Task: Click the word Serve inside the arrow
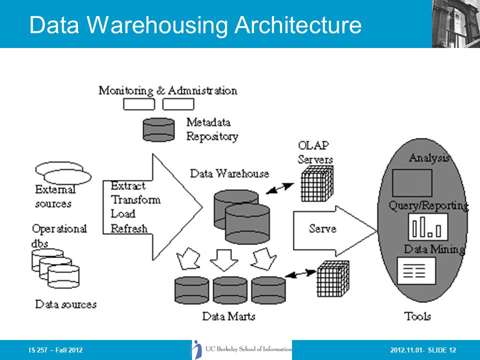pyautogui.click(x=322, y=228)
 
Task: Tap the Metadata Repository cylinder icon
pyautogui.click(x=159, y=130)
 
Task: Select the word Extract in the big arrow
pyautogui.click(x=128, y=186)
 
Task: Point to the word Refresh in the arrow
pyautogui.click(x=129, y=228)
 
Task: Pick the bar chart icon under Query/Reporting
pyautogui.click(x=428, y=227)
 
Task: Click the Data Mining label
pyautogui.click(x=434, y=249)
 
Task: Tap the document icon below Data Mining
pyautogui.click(x=416, y=270)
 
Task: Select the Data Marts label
pyautogui.click(x=228, y=316)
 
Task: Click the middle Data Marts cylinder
pyautogui.click(x=230, y=290)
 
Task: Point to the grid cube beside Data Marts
pyautogui.click(x=333, y=278)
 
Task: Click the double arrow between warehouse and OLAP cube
pyautogui.click(x=280, y=188)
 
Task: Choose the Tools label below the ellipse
pyautogui.click(x=417, y=316)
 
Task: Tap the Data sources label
pyautogui.click(x=66, y=304)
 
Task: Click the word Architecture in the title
pyautogui.click(x=298, y=24)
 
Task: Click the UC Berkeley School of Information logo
pyautogui.click(x=242, y=349)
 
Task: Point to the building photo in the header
pyautogui.click(x=456, y=24)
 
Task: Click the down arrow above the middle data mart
pyautogui.click(x=224, y=260)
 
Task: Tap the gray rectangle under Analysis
pyautogui.click(x=412, y=183)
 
